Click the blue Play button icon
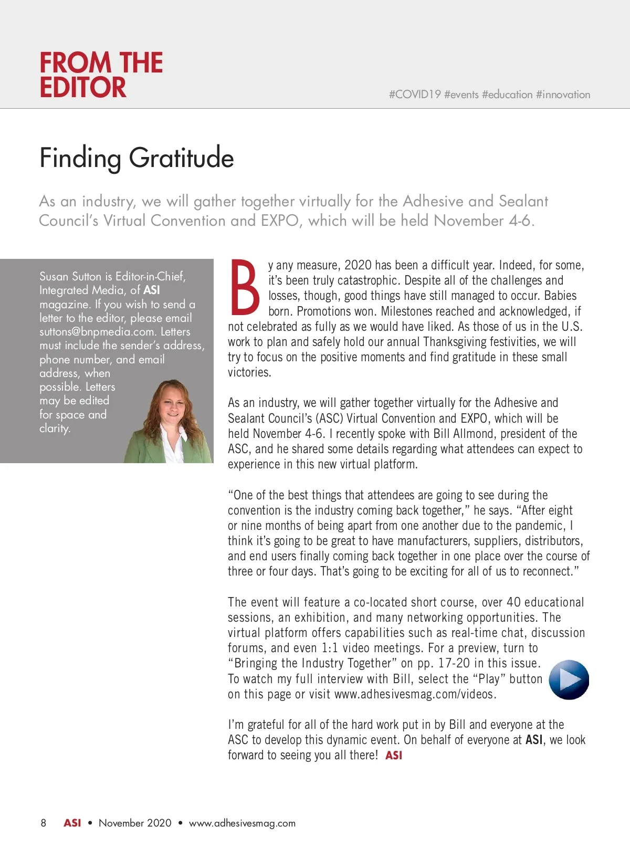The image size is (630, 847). pos(569,679)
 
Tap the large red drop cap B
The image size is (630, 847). pos(245,286)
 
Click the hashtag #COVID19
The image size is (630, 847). pos(415,95)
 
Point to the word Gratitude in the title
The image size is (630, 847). pos(181,158)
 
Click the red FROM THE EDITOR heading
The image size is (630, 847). pos(101,75)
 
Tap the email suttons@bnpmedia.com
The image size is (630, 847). pos(97,332)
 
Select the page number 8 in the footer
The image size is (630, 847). pos(44,823)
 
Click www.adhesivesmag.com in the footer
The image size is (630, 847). pos(242,823)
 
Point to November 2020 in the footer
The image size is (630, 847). pos(135,823)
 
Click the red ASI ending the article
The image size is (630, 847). pos(394,755)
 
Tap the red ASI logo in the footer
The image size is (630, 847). pos(72,823)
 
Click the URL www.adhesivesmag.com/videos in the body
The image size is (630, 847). pos(414,694)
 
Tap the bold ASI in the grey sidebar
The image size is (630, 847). pos(152,290)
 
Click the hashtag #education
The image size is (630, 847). pos(507,95)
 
